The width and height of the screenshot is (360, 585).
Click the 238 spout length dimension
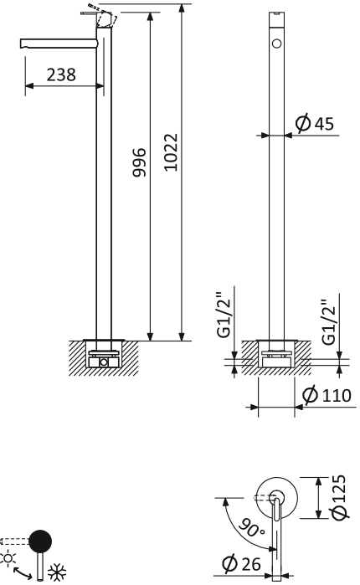(61, 74)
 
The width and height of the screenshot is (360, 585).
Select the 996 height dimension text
(140, 162)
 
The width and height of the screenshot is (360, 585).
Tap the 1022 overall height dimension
(171, 152)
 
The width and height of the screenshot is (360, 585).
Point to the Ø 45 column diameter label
(315, 123)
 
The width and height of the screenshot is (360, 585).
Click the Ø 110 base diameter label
(327, 395)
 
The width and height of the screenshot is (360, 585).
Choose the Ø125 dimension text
(340, 497)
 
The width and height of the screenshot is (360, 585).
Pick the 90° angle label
(250, 527)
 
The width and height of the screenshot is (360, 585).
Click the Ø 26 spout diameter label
(241, 563)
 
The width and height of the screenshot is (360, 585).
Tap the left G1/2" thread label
(224, 315)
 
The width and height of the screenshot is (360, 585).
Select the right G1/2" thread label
(329, 321)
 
